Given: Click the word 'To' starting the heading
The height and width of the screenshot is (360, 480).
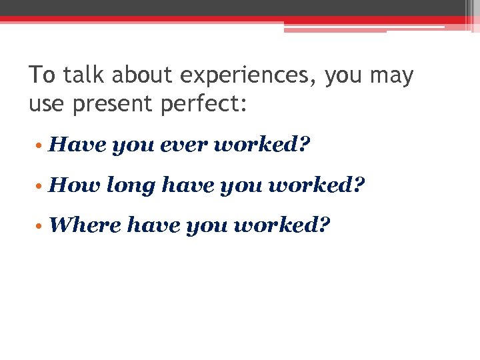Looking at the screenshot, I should (43, 76).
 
